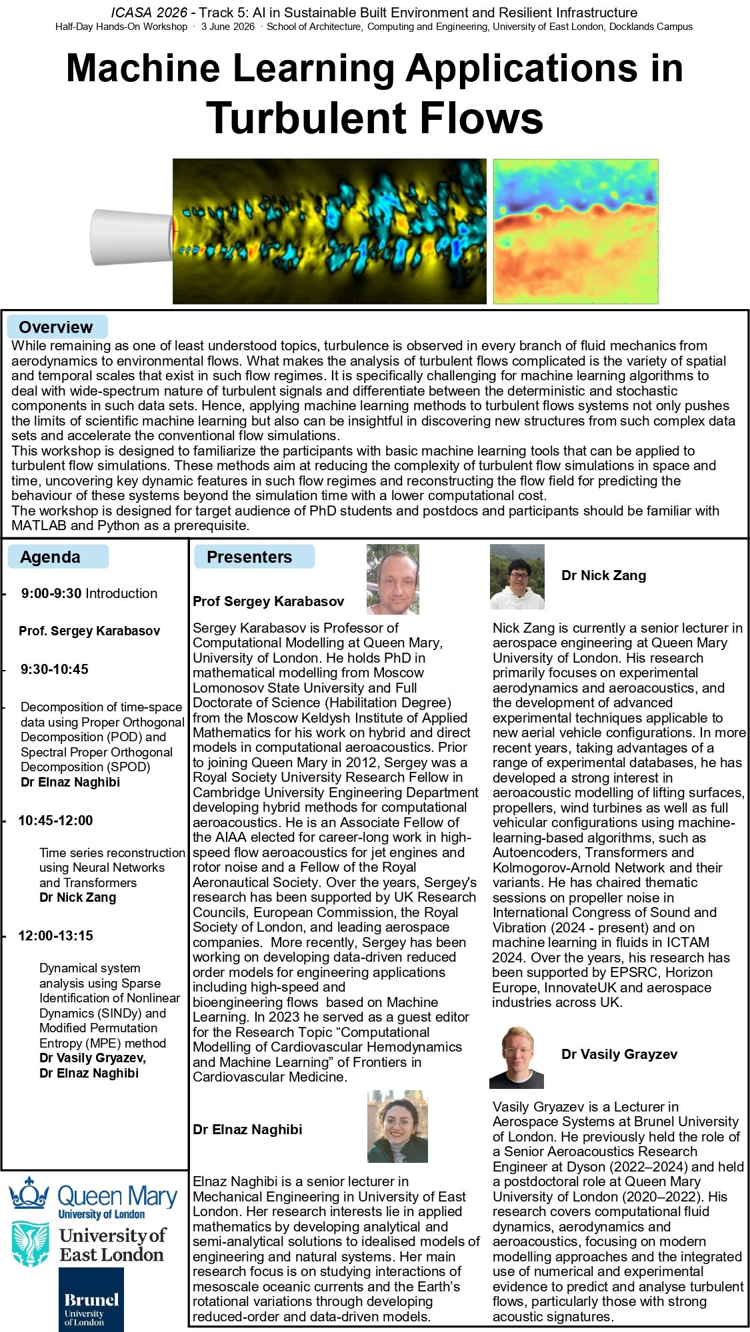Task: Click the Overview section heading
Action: coord(56,327)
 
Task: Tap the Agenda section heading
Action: coord(50,557)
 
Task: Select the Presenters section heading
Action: coord(249,557)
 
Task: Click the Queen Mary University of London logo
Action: coord(94,1197)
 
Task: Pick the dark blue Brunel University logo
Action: coord(91,1299)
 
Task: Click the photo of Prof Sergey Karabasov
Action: coord(393,579)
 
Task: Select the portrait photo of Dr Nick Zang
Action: coord(517,576)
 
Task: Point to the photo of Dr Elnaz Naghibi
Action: coord(397,1126)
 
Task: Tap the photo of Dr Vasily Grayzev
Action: coord(516,1057)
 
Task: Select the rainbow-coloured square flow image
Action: coord(575,231)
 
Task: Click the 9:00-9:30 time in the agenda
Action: coord(51,593)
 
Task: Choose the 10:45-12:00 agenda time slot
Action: coord(56,821)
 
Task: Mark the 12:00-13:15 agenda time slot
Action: coord(56,936)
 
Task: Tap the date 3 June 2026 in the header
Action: coord(228,27)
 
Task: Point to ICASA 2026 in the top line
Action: coord(149,13)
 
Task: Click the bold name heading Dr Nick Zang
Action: coord(603,575)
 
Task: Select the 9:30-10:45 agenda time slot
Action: coord(55,669)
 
